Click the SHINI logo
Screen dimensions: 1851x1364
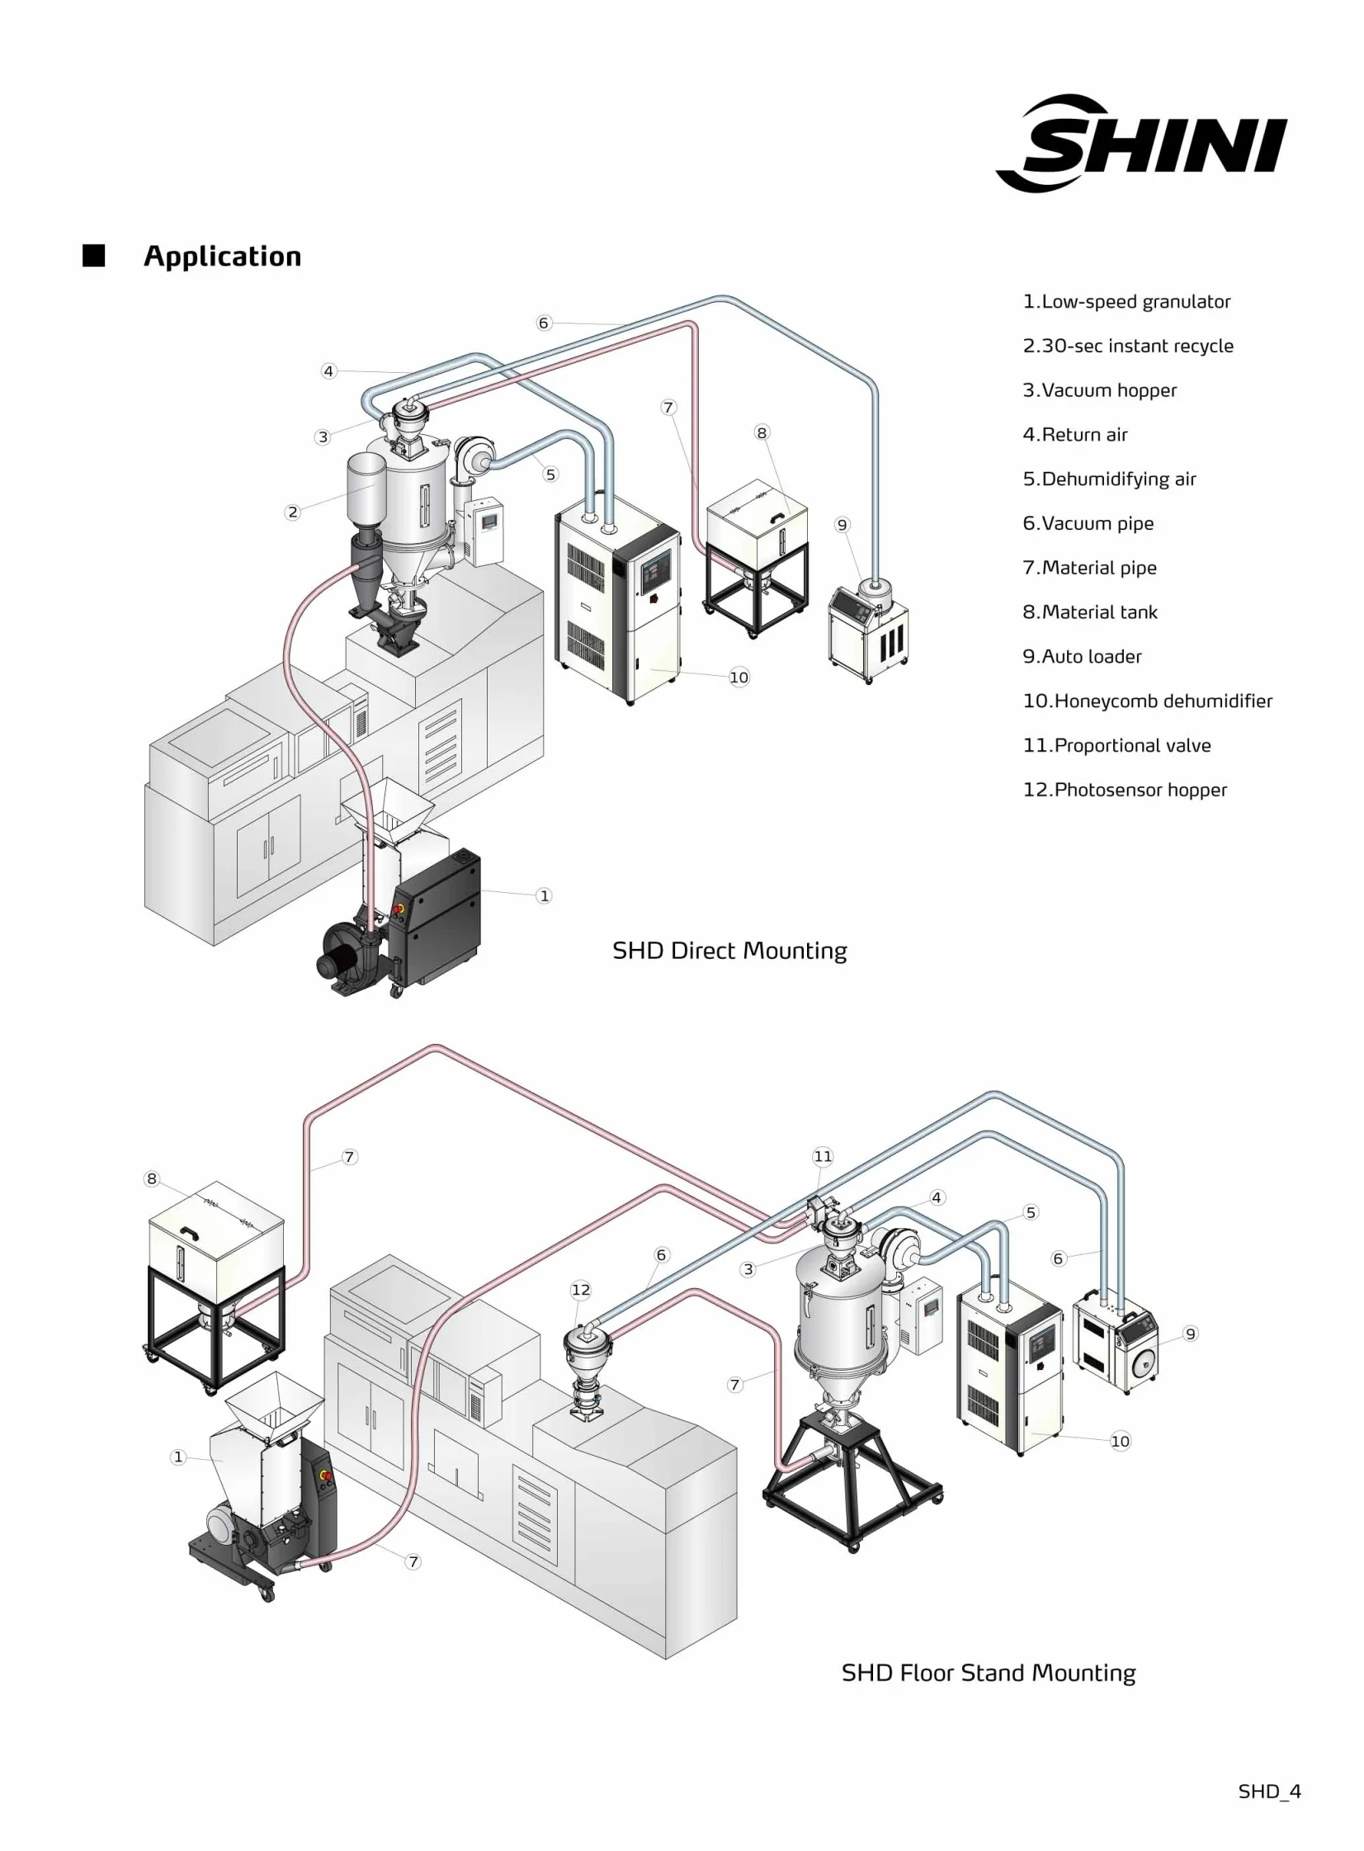[1142, 144]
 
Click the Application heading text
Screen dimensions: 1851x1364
[222, 256]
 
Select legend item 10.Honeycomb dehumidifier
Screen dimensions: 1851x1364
[1147, 701]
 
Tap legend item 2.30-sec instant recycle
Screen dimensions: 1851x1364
[1128, 346]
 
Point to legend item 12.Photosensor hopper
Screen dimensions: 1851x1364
[1125, 789]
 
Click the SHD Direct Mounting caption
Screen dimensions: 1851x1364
[729, 951]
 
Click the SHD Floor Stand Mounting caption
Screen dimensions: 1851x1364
[989, 1672]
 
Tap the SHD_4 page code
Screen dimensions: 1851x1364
[1269, 1791]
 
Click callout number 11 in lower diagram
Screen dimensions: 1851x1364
[824, 1157]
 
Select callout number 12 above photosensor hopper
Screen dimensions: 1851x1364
[580, 1290]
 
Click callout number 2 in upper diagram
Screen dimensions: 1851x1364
[292, 512]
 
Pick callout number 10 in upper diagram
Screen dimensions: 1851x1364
[739, 677]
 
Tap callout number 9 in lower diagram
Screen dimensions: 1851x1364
[1190, 1334]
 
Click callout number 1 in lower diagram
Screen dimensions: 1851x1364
[178, 1457]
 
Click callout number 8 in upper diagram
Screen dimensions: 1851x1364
[762, 432]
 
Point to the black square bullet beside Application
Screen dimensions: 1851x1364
[94, 256]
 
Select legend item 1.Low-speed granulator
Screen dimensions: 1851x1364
[1126, 301]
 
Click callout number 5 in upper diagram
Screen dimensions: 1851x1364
[550, 474]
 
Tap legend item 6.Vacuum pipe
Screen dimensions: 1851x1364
[1088, 523]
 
